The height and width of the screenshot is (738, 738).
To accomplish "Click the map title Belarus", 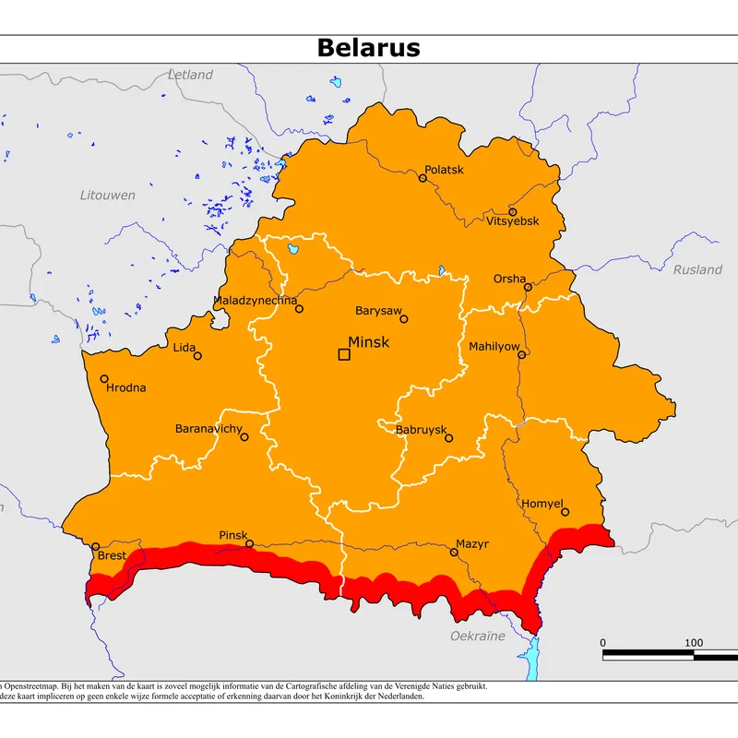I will click(x=368, y=48).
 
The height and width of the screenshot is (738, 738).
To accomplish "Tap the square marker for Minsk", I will click(x=344, y=354).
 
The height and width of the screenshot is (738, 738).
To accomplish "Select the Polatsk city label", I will click(x=444, y=170).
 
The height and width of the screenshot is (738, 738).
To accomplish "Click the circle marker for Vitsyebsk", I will click(x=513, y=211).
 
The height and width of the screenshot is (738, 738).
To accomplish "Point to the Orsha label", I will click(x=509, y=279).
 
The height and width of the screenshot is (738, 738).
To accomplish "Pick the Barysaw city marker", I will click(x=403, y=319).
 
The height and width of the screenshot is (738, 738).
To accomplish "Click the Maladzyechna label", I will click(x=255, y=301).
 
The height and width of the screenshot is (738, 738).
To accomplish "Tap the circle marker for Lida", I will click(x=197, y=355).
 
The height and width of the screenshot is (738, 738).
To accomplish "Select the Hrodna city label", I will click(x=126, y=387).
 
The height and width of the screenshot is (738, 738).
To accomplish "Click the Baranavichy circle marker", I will click(x=244, y=436).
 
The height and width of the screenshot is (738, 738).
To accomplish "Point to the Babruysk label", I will click(x=421, y=430).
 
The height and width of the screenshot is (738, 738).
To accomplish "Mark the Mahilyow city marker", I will click(x=521, y=354).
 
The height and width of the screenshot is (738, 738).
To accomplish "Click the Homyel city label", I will click(x=542, y=503).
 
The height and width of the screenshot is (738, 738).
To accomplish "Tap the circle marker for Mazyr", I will click(x=454, y=553).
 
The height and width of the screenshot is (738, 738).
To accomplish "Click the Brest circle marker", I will click(x=95, y=546).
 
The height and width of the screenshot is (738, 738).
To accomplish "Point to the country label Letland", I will click(x=191, y=75).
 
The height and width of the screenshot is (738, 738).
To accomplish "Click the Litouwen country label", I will click(x=107, y=195).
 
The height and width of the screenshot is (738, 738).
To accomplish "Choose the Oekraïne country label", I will click(x=477, y=637).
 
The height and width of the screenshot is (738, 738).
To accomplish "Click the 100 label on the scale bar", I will click(x=694, y=643).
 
